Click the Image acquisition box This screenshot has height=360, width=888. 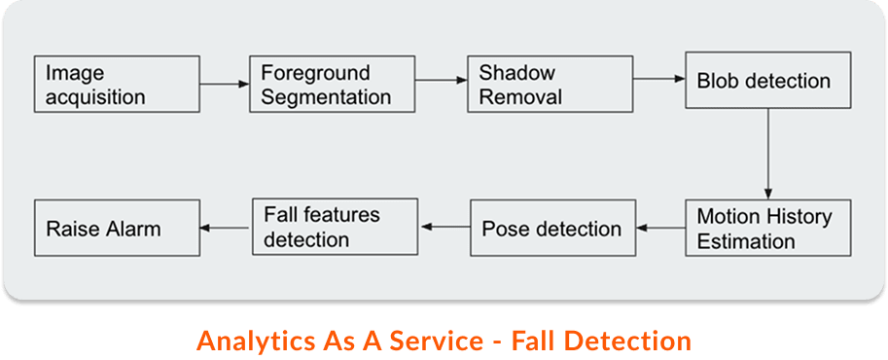coord(116,85)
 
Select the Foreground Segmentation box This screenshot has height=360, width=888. coord(334,85)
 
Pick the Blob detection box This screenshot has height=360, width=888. coord(768,81)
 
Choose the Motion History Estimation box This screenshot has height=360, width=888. coord(768,228)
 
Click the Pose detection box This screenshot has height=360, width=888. coord(551,229)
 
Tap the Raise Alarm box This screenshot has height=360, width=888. coord(116,229)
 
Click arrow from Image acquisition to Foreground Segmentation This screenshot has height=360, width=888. coord(224,85)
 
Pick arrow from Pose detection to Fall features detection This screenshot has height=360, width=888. coord(444,227)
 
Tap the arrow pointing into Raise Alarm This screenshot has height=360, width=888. coord(225,229)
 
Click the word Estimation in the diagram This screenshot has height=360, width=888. coord(746,240)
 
